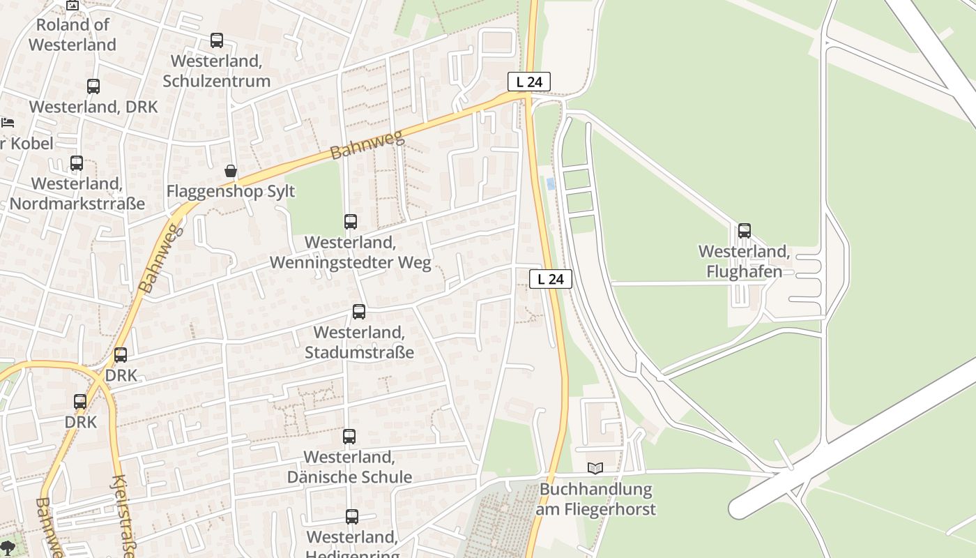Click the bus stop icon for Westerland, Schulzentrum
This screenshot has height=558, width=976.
point(217,40)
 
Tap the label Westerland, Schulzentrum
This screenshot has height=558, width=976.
point(217,71)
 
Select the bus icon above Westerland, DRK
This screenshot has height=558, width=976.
point(93,86)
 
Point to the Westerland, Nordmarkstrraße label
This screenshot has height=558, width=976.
point(77,194)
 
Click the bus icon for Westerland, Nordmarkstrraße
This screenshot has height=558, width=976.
point(77,163)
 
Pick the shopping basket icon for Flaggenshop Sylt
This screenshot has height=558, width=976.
point(230,171)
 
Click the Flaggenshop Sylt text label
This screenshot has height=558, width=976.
point(231,191)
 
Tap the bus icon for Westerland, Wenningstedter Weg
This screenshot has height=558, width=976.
point(351,222)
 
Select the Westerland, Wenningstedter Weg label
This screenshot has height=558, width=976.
point(350,252)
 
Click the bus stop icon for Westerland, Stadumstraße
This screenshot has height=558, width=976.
point(359,312)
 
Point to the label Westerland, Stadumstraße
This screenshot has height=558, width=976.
point(359,342)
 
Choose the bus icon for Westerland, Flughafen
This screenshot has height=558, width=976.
point(745,231)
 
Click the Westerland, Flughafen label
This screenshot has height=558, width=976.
point(745,262)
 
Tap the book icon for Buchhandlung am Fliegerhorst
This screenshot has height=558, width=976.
point(595,468)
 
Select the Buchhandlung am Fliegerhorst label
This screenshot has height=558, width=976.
point(595,499)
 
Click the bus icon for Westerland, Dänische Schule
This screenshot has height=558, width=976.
point(349,437)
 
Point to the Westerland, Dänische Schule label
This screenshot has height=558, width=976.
point(349,467)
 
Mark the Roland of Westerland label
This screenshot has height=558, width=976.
point(73,35)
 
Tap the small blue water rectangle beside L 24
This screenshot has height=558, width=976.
point(551,184)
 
